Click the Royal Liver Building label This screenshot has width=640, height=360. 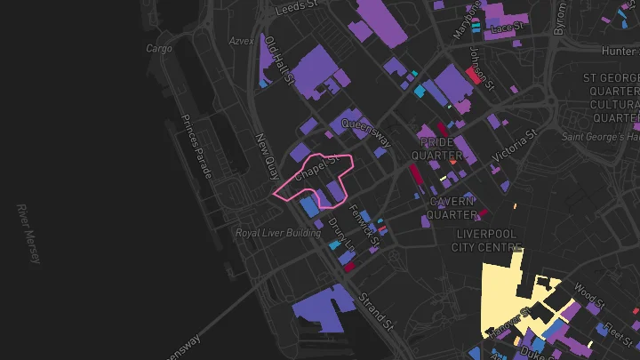(x=277, y=233)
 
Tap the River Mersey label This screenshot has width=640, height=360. (x=28, y=234)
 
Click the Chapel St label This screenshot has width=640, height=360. (x=317, y=168)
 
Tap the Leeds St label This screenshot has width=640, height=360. (x=297, y=8)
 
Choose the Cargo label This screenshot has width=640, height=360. (x=158, y=49)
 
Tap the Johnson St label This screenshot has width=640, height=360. (x=481, y=63)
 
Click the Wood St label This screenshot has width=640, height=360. (x=589, y=293)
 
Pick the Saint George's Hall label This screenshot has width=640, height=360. (x=602, y=137)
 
